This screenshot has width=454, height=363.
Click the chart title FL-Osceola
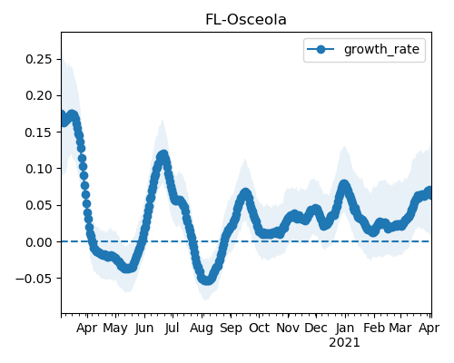[x=246, y=20]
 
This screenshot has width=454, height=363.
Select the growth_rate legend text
[x=381, y=49]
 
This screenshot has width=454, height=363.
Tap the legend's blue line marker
[x=321, y=49]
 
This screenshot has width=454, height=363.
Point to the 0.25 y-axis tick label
[x=39, y=59]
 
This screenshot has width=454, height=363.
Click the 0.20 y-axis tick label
[x=39, y=95]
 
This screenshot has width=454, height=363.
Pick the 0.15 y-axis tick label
[x=39, y=132]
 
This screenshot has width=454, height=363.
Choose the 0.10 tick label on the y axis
[x=39, y=169]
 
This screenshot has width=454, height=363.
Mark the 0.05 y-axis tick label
[x=39, y=205]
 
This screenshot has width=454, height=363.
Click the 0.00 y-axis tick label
[x=39, y=242]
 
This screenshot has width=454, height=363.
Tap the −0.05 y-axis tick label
[x=35, y=279]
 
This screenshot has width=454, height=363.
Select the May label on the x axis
[x=115, y=329]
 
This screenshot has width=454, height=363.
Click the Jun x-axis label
[x=144, y=329]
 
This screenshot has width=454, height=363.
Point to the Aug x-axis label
[x=202, y=329]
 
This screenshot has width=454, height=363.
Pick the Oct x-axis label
[x=259, y=328]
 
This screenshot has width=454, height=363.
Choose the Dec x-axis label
[x=316, y=328]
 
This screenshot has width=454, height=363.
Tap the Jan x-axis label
[x=345, y=328]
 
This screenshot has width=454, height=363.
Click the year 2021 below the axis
[x=344, y=343]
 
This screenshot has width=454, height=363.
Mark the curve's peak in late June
[x=163, y=156]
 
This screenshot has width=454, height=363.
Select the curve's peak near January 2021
[x=344, y=185]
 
